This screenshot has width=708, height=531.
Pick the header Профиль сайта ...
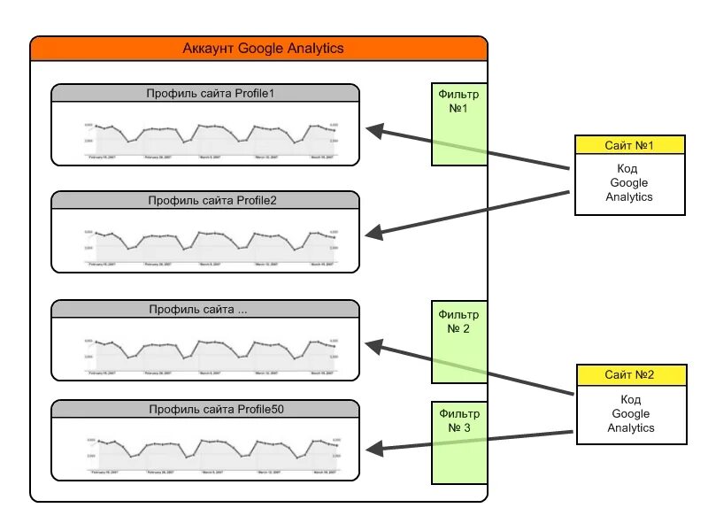coord(205,310)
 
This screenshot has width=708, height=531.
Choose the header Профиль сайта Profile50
coord(205,409)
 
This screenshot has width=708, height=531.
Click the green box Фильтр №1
coord(458,125)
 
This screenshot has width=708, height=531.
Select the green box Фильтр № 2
coord(458,342)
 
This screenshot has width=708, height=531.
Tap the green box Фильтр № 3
coord(458,442)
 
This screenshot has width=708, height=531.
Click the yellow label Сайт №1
coord(629,144)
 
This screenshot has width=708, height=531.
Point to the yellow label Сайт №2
coord(630,375)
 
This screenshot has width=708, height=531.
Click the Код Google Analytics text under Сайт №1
coord(629,183)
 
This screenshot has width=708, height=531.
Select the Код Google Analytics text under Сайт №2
coord(630,414)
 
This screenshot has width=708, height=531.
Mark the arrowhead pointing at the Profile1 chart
coord(374,131)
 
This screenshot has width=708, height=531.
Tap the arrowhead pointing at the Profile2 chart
coord(374,233)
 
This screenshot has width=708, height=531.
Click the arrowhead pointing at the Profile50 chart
coord(374,449)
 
